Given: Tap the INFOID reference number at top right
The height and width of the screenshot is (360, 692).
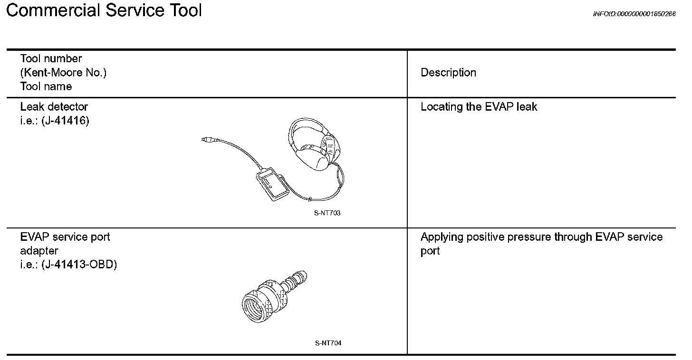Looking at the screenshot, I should coord(634,14).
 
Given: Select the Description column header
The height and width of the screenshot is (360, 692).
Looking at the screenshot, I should coord(448,73).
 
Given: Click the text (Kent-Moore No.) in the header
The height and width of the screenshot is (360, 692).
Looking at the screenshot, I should coord(63,73).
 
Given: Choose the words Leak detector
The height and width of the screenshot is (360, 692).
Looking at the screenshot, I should coord(54,107).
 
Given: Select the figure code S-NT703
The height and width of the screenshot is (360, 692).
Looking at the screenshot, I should coord(327,213).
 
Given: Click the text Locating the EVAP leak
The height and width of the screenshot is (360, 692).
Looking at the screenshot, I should coord(479,107).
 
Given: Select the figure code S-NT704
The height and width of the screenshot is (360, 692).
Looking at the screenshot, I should coord(328,343).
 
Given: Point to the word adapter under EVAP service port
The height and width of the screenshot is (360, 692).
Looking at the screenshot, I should coord(39,251).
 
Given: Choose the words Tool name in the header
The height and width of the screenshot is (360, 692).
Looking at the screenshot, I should coord(46,86).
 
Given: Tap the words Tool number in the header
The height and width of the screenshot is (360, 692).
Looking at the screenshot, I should coord(51,59).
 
